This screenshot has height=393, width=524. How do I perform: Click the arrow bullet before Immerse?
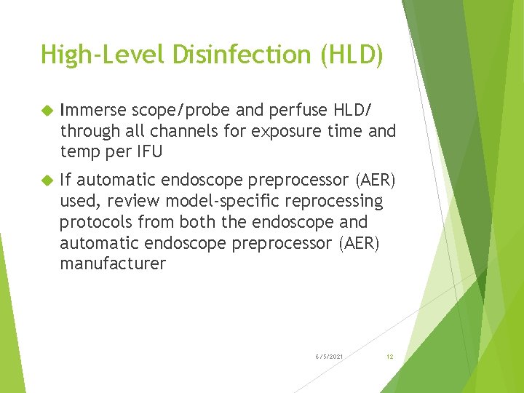click(46, 111)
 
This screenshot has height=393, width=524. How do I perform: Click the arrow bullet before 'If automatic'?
click(46, 180)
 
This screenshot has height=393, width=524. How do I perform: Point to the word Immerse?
click(94, 111)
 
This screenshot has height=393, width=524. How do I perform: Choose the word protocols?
click(95, 221)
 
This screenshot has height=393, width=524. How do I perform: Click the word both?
click(197, 221)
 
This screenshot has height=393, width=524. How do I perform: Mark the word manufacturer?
click(113, 263)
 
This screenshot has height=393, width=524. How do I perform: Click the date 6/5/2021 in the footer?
click(330, 357)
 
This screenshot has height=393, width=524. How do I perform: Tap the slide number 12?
click(390, 357)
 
